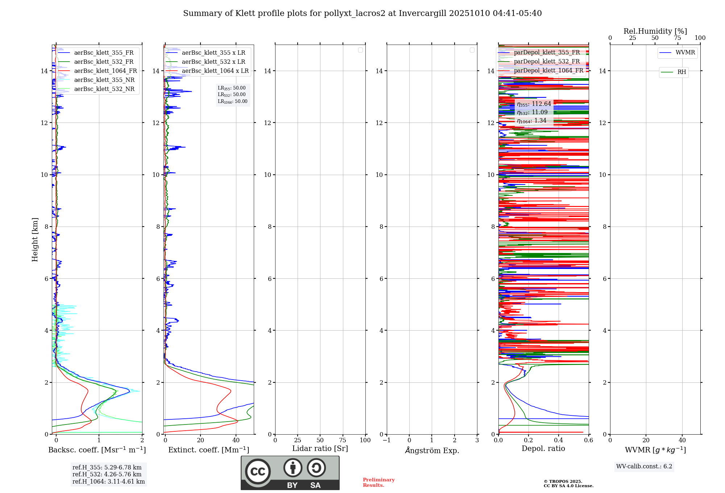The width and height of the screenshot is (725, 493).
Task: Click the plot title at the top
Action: tap(362, 13)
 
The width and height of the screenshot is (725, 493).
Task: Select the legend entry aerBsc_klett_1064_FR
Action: tap(105, 71)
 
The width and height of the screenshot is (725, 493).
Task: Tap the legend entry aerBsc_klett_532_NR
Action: tap(104, 89)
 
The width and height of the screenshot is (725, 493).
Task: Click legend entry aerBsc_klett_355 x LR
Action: tap(213, 53)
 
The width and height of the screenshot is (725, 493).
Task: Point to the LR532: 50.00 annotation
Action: tap(232, 95)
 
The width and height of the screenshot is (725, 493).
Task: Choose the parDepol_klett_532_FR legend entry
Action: tap(547, 62)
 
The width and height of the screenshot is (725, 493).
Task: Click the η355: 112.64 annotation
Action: tap(534, 104)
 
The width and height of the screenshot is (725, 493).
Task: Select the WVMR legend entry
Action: tap(685, 53)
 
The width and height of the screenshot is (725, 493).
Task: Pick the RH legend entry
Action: tap(681, 72)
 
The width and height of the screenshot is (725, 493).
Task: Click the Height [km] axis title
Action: tap(35, 240)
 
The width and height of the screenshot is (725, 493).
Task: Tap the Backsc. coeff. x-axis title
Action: tap(97, 450)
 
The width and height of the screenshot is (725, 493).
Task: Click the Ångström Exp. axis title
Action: tap(432, 450)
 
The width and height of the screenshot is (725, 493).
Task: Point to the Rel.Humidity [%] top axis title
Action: tap(655, 31)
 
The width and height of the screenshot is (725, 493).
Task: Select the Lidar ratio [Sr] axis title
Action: tap(320, 449)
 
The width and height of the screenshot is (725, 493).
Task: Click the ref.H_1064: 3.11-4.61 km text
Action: tap(108, 482)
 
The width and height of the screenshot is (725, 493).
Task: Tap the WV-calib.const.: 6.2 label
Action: tap(644, 467)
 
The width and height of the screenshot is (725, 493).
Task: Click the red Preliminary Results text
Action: tap(378, 482)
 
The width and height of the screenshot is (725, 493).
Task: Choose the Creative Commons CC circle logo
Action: tap(258, 472)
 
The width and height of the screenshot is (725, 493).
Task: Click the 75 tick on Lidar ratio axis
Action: tap(343, 440)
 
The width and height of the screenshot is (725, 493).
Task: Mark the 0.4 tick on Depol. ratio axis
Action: tap(559, 440)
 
